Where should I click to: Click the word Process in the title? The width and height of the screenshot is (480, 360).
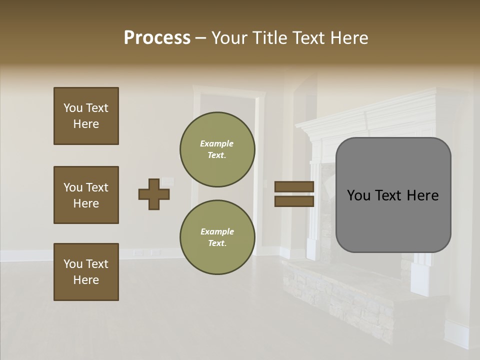tap(157, 38)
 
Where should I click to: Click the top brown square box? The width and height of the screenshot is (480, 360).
tap(86, 116)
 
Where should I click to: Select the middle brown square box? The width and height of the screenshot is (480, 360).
tap(86, 195)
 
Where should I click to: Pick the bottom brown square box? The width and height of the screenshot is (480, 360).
tap(86, 272)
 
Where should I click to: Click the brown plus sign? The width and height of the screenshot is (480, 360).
tap(154, 194)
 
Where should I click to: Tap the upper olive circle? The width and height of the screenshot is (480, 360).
tap(217, 149)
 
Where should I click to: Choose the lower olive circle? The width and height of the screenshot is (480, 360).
tap(217, 237)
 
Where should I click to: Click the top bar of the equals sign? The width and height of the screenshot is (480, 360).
tap(294, 187)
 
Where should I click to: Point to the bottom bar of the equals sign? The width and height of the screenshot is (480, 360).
tap(294, 201)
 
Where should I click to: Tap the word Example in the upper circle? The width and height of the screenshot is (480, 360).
tap(217, 143)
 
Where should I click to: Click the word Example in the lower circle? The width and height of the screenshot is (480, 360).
tap(217, 231)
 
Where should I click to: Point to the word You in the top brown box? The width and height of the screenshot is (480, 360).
tap(73, 108)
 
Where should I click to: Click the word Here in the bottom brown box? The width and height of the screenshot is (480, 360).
tap(86, 280)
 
